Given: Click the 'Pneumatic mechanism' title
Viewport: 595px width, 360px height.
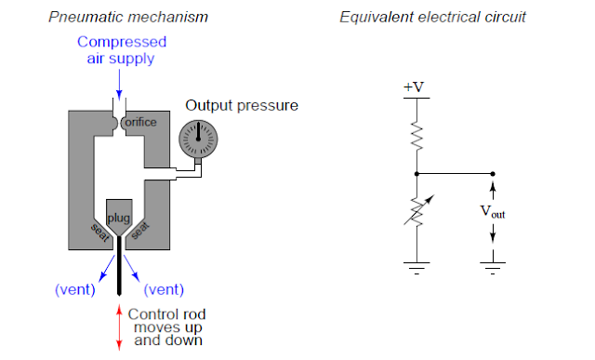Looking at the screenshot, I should click(x=127, y=17).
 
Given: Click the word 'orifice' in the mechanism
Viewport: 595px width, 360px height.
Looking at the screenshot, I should click(x=140, y=123).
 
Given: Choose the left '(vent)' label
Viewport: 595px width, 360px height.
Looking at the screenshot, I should click(x=75, y=288).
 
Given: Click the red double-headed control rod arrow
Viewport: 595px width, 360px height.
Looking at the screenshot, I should click(x=118, y=328).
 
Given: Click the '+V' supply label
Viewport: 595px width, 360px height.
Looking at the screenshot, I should click(x=416, y=87).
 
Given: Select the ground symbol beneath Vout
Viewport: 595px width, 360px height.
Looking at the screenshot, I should click(x=493, y=267).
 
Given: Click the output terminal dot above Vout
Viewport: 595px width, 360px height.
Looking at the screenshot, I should click(x=493, y=173).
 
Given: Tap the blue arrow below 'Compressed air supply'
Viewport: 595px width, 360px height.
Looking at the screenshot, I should click(x=118, y=82).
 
